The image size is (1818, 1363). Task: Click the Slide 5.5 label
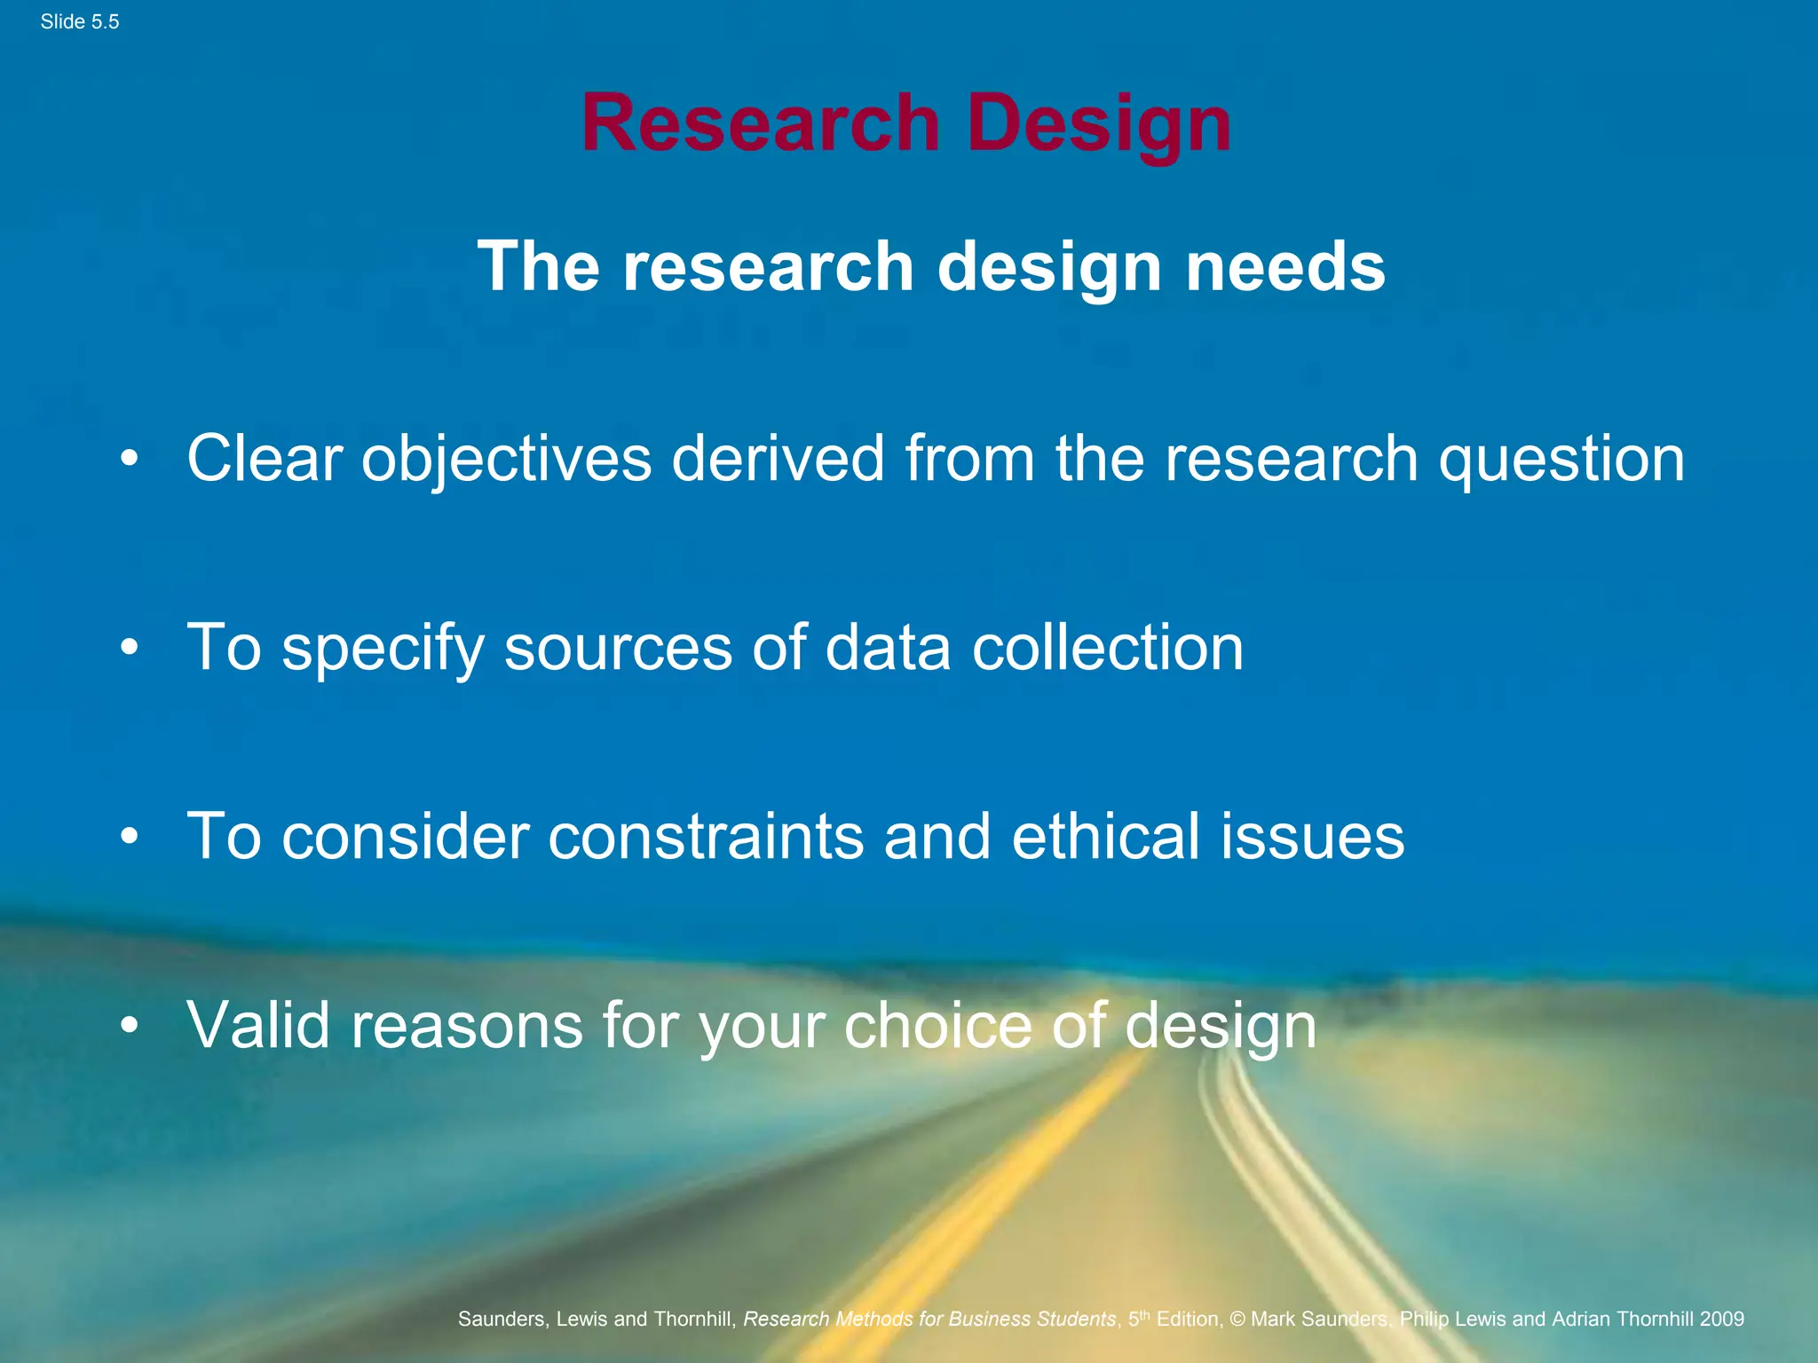(79, 22)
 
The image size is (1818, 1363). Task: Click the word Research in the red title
(760, 123)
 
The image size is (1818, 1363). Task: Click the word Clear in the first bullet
(265, 459)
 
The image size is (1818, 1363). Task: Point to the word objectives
(506, 459)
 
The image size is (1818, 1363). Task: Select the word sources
(617, 648)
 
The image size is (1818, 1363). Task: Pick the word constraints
(706, 837)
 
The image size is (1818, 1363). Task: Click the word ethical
(1105, 837)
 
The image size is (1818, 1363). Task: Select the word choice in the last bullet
(937, 1026)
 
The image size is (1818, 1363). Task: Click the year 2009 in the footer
(1722, 1320)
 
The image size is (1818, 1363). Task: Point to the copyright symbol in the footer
(1237, 1320)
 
